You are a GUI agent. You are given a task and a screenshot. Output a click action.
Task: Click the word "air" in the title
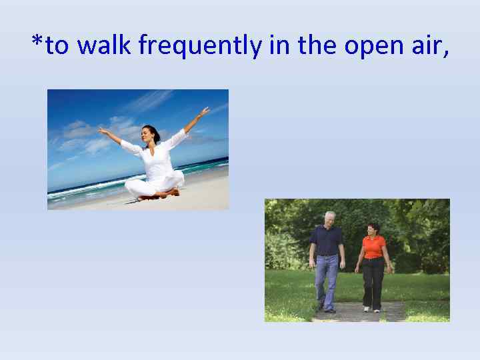[423, 45]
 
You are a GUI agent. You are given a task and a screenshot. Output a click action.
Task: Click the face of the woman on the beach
[152, 134]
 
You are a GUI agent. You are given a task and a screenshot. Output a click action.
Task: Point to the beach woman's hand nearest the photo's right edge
[205, 111]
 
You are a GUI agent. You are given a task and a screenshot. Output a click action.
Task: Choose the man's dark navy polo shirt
[327, 240]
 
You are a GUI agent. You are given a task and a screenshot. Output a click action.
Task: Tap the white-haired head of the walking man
[329, 219]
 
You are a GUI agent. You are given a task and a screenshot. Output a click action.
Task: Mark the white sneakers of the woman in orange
[371, 309]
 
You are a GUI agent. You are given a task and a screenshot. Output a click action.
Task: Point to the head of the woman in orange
[373, 229]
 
